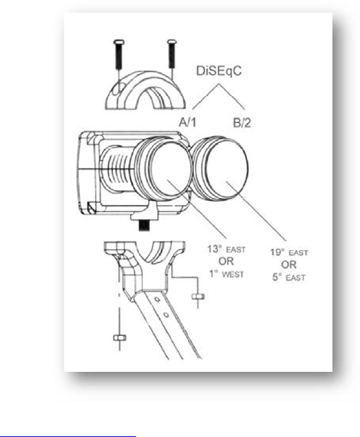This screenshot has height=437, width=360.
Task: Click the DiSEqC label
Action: click(x=219, y=71)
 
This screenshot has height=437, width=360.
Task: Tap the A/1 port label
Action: click(x=187, y=122)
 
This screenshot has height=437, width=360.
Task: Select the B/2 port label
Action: click(x=242, y=122)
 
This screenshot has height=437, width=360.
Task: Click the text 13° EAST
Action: click(x=226, y=249)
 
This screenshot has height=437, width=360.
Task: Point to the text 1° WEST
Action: click(x=227, y=274)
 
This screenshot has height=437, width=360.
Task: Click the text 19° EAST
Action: click(x=289, y=252)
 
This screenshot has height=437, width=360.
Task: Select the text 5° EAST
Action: click(x=289, y=277)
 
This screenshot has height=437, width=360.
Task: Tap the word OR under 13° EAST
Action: click(x=226, y=262)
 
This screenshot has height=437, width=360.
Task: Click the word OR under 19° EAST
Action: click(x=289, y=264)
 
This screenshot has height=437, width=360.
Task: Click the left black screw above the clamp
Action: click(x=119, y=54)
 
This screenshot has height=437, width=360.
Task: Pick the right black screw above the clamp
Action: click(x=171, y=54)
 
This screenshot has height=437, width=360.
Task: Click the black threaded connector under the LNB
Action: click(x=144, y=225)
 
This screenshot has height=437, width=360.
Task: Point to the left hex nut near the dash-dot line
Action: click(x=120, y=338)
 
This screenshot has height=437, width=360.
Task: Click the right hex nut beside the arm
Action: click(x=198, y=296)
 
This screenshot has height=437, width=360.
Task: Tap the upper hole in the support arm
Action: click(x=157, y=299)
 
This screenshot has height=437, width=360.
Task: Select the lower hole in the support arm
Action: click(x=166, y=315)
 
